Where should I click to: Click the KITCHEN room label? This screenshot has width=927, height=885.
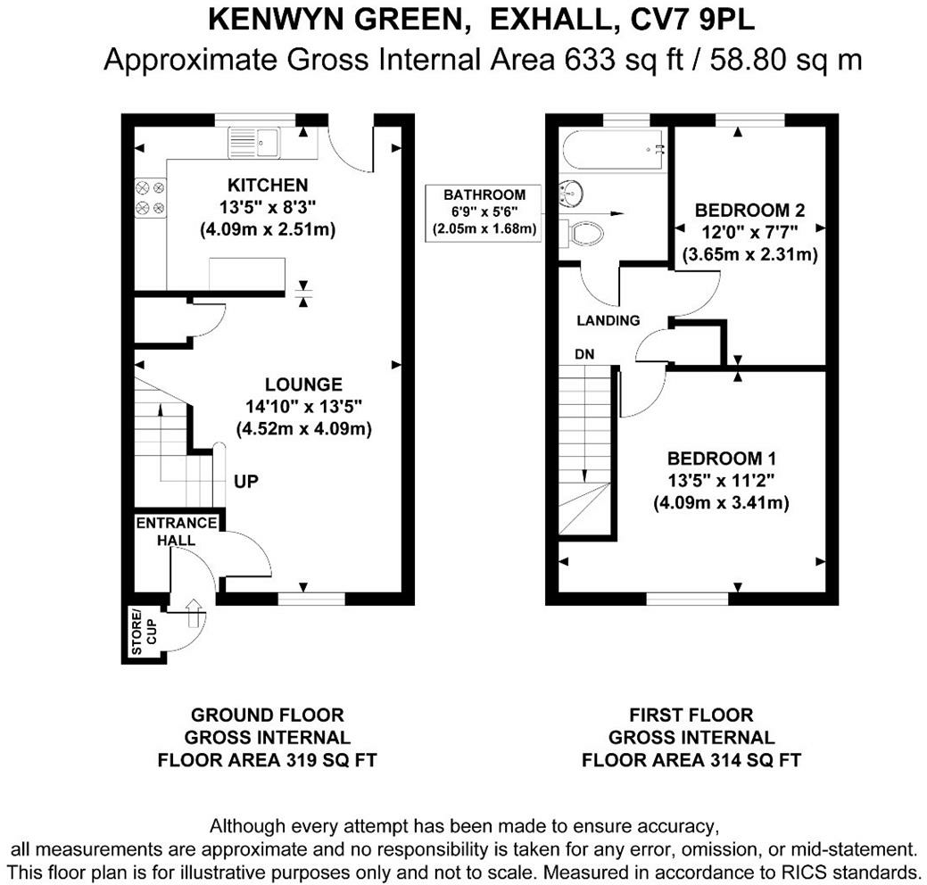click(x=268, y=186)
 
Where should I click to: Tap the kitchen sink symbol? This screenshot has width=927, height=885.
click(x=254, y=140)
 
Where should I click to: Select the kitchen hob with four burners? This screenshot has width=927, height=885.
click(x=150, y=198)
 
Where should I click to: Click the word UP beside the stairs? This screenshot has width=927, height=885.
click(x=246, y=482)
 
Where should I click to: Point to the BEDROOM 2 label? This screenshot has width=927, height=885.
click(x=749, y=211)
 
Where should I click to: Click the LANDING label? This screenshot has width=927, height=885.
click(x=608, y=320)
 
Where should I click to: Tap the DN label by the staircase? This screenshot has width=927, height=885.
click(x=584, y=354)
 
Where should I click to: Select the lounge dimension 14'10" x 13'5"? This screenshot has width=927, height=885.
click(x=303, y=407)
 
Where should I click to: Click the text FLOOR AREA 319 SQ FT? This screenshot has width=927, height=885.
click(x=267, y=761)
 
